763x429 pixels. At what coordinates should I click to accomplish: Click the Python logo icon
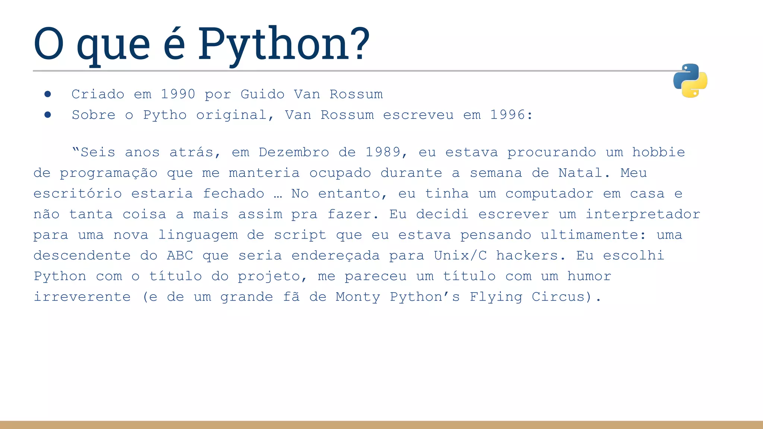coord(690,80)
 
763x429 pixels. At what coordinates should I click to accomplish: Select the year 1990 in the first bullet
coord(178,94)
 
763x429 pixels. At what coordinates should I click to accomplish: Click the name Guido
coord(262,94)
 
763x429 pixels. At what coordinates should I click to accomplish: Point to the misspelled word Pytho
coord(165,115)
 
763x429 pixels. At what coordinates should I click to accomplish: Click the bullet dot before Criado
coord(48,94)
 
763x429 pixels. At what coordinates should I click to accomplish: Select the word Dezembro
coord(294,152)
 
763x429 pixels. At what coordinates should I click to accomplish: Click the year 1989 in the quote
coord(383,152)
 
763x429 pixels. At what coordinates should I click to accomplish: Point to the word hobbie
coord(658,152)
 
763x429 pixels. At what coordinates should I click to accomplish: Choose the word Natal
coord(580,173)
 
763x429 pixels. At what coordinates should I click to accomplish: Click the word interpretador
coord(643,214)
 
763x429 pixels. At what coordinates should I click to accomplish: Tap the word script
coord(300,235)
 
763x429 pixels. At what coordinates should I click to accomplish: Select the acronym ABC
coord(180,256)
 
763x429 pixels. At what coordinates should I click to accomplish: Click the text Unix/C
coord(460,256)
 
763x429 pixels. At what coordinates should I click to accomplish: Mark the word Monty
coord(358,297)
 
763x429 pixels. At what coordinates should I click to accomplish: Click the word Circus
coord(558,297)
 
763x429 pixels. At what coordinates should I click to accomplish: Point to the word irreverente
coord(82,297)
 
